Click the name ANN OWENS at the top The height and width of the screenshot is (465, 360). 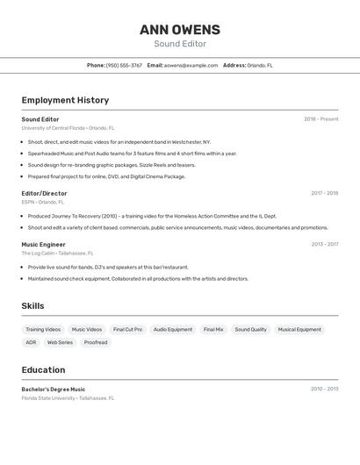[x=180, y=30]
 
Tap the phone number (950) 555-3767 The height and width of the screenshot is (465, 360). [x=124, y=65]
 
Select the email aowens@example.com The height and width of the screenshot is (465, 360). [x=191, y=65]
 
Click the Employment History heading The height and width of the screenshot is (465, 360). [x=65, y=100]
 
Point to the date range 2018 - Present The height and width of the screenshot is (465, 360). [x=320, y=119]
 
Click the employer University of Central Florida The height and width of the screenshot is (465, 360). [x=54, y=128]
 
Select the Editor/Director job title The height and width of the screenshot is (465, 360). [x=44, y=193]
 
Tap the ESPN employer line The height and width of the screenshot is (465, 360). [x=43, y=202]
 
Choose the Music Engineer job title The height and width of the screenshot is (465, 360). [x=43, y=245]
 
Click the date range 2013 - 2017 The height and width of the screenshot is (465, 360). [x=324, y=245]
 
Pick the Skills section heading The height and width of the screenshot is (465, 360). [x=33, y=306]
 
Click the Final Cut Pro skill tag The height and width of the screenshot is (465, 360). [x=127, y=330]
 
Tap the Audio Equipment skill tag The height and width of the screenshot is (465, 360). [x=173, y=330]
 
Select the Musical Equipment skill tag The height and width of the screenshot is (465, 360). [x=299, y=330]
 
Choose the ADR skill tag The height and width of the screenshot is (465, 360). [x=31, y=342]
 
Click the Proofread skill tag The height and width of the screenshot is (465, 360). [x=96, y=342]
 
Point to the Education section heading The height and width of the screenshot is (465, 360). [x=43, y=370]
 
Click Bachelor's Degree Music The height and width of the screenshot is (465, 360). [x=54, y=390]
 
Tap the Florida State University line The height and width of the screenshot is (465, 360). [x=68, y=398]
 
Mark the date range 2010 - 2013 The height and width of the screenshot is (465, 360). [x=324, y=390]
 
